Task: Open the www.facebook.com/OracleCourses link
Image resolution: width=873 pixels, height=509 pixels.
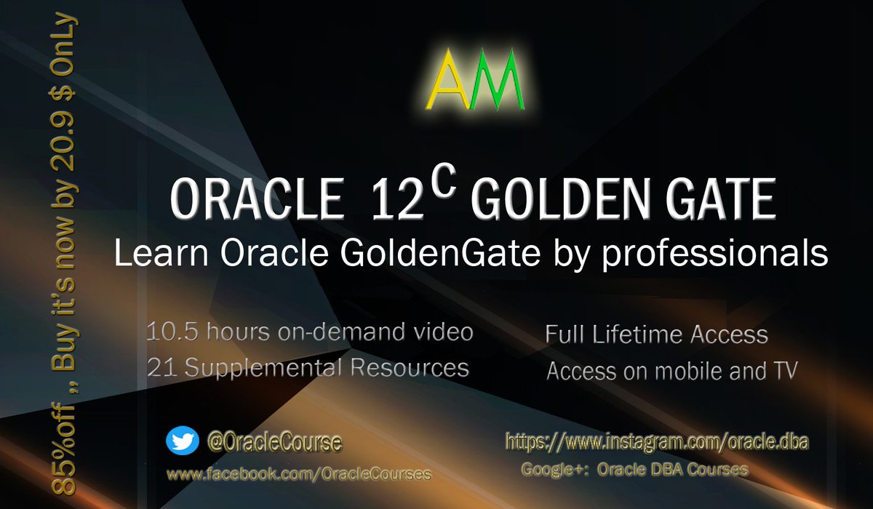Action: tap(299, 474)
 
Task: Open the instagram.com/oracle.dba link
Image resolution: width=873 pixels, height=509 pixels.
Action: tap(657, 441)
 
